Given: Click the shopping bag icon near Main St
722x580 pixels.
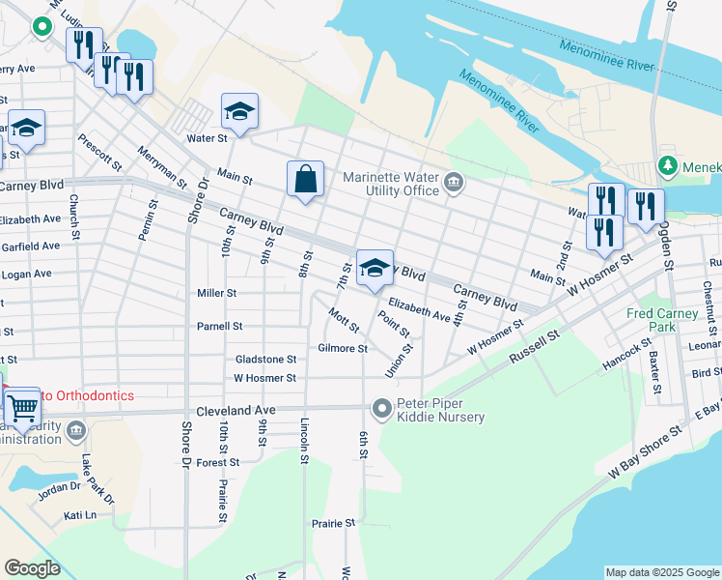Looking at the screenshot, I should click(305, 179).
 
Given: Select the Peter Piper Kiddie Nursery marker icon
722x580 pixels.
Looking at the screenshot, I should click(382, 410).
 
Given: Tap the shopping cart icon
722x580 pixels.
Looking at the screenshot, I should click(21, 410).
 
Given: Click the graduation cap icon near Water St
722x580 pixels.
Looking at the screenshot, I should click(238, 111).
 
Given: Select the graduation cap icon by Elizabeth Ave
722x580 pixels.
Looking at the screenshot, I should click(375, 269).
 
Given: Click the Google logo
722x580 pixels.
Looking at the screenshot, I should click(32, 568).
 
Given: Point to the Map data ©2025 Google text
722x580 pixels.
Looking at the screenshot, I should click(661, 572).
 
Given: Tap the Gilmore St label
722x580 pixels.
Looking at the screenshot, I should click(343, 348).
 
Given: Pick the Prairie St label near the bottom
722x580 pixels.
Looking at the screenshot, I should click(334, 523).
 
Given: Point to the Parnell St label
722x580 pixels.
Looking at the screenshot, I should click(219, 327).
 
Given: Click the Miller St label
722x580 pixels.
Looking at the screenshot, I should click(216, 293).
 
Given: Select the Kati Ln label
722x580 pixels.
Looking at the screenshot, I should click(81, 515).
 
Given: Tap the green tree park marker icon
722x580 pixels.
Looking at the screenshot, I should click(667, 167).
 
